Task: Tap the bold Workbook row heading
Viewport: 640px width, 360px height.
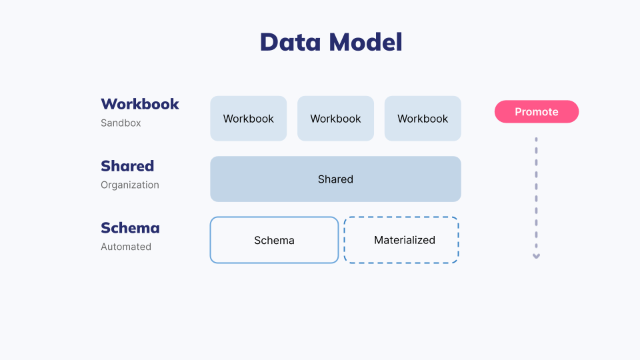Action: pos(140,104)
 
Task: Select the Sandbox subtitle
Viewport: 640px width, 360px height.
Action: pos(121,123)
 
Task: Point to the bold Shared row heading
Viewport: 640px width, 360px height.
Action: pos(127,166)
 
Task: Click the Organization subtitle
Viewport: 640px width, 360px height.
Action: pos(130,185)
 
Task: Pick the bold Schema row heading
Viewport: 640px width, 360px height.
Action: pos(130,228)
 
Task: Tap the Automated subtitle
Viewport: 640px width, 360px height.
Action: pos(126,247)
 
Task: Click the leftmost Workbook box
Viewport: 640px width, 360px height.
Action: pos(249,119)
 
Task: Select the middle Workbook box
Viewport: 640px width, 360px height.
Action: pos(335,119)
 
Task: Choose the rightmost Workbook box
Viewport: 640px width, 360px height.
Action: pos(423,119)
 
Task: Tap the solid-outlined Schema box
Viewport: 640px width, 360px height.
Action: pos(274,240)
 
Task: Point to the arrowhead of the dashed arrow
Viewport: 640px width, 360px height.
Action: pos(536,256)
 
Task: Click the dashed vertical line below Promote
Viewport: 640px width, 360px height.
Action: pos(536,193)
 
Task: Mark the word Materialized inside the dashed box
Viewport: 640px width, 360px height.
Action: pos(405,240)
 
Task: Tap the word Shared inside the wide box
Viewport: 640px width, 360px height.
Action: pos(335,179)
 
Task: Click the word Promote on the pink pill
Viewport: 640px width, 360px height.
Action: pos(537,112)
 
